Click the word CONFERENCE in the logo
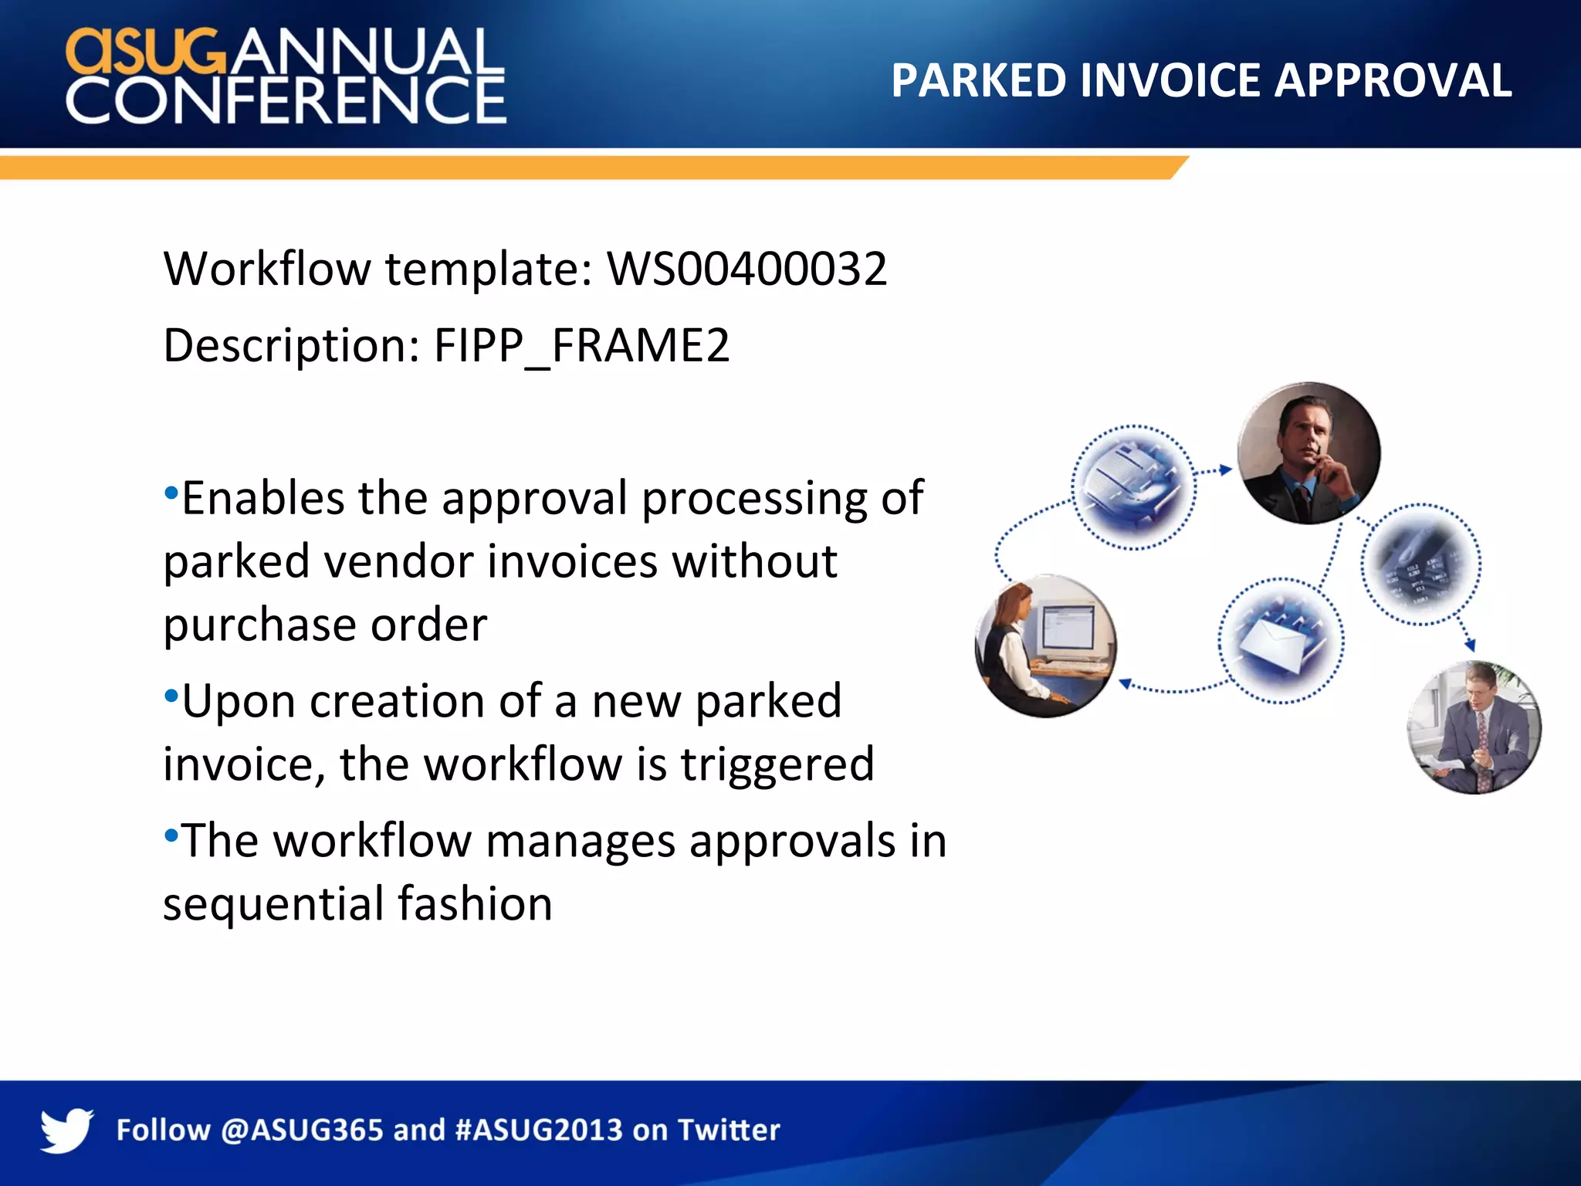[x=286, y=100]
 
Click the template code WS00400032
[x=747, y=269]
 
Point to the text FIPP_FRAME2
[x=581, y=345]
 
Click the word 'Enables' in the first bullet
[x=262, y=498]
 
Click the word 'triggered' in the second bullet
[x=777, y=764]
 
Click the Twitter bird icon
[x=67, y=1130]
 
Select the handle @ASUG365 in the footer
[x=302, y=1130]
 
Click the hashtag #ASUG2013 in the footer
[x=539, y=1130]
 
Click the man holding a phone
[x=1308, y=454]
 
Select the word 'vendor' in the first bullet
[x=398, y=561]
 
